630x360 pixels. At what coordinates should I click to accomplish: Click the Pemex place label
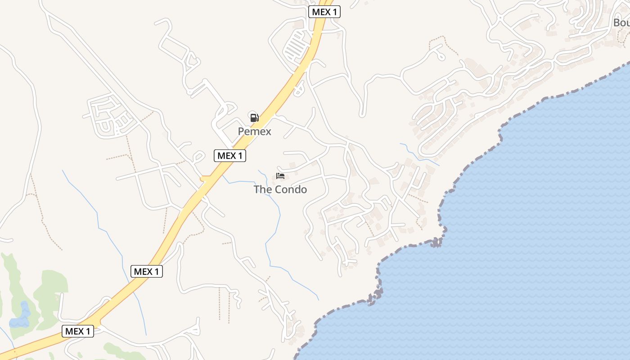coord(254,131)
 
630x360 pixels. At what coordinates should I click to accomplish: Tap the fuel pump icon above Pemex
coord(254,118)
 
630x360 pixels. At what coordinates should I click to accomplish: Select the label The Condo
coord(280,189)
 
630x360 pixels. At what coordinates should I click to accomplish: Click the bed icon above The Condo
coord(280,175)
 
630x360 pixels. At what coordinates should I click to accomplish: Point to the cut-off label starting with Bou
coord(621,22)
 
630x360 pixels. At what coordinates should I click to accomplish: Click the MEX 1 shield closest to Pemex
coord(230,156)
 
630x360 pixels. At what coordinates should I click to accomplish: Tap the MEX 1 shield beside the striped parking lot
coord(324,12)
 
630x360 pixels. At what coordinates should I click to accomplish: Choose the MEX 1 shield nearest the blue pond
coord(78,331)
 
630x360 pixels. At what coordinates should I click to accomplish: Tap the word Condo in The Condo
coord(291,189)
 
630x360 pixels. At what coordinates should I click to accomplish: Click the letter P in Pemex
coord(241,131)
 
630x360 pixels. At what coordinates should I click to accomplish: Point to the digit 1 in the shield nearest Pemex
coord(241,156)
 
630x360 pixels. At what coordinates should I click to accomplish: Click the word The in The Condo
coord(262,189)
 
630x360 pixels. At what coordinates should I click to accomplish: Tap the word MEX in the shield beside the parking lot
coord(321,12)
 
